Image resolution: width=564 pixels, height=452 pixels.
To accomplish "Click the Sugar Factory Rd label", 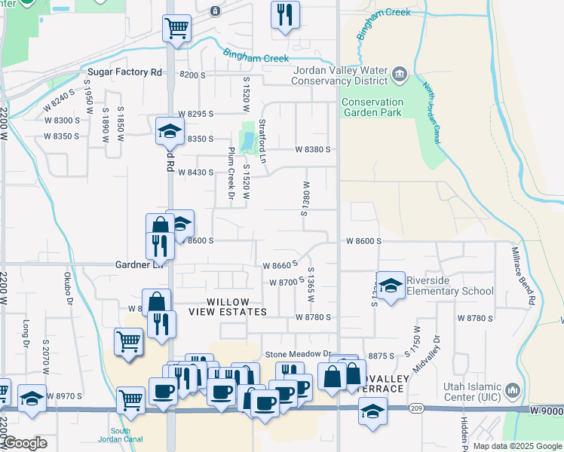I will pos(125,72).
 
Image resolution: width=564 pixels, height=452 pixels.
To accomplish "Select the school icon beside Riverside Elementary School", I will pos(391,286).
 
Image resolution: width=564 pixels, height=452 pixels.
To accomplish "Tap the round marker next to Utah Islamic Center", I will pos(513,390).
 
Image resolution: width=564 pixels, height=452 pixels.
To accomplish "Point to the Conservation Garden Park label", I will pos(372,107).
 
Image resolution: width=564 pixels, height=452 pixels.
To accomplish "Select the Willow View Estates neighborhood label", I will pos(227,307).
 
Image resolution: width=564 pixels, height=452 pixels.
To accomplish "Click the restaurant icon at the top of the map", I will pos(284,15).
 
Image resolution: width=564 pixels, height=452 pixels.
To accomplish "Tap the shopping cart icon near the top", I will pos(176,29).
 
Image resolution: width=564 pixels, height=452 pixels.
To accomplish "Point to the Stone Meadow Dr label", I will pos(298,354).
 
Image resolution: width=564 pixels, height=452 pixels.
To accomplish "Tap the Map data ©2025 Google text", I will pos(517,446).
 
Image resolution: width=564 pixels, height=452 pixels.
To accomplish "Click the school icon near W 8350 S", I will pos(170,132).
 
